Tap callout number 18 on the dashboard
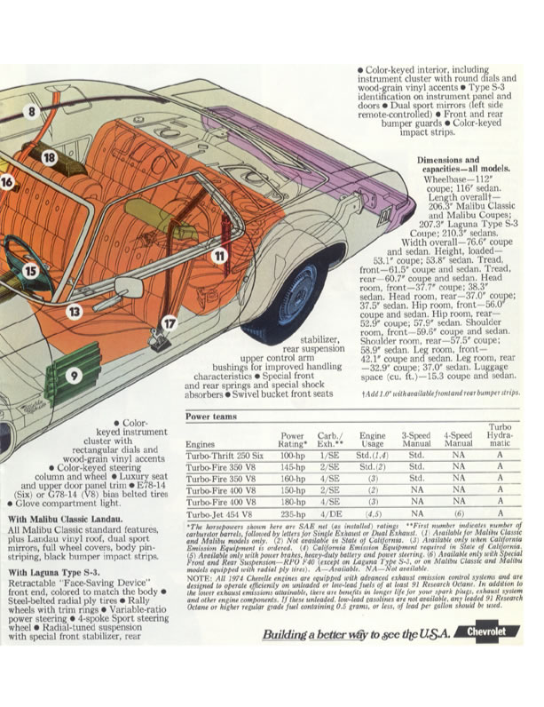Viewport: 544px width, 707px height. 49,158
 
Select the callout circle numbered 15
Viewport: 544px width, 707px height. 31,270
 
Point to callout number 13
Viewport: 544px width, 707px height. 74,311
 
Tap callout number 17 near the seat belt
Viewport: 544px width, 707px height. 169,323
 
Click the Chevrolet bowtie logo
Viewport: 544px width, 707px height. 495,632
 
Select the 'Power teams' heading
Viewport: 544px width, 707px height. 211,417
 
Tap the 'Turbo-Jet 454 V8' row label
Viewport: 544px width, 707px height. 217,513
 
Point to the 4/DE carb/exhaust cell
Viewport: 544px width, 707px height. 331,513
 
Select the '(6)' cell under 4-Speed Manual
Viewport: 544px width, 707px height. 458,513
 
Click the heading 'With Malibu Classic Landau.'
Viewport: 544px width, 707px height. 66,518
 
